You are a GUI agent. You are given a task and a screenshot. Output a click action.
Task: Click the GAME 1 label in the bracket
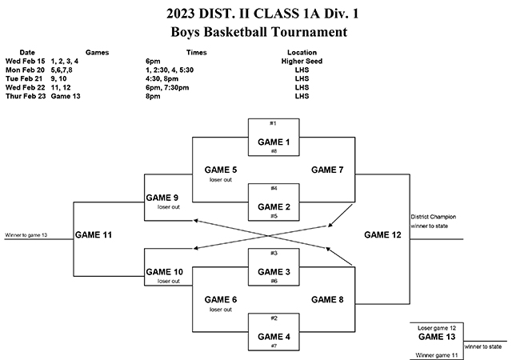(x=273, y=142)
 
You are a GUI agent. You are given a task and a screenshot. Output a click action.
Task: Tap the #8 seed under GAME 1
(x=273, y=151)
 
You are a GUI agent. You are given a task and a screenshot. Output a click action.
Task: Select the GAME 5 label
(x=221, y=170)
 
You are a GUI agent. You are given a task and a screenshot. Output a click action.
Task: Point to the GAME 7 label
(x=327, y=170)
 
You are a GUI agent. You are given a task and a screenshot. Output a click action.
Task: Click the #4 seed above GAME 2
(x=273, y=188)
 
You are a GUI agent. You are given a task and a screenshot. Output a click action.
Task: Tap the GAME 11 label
(x=93, y=235)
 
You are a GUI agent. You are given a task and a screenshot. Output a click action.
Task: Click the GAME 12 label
(x=382, y=235)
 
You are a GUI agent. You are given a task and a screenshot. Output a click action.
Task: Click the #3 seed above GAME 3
(x=273, y=253)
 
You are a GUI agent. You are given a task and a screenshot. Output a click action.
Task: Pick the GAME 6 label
(x=221, y=299)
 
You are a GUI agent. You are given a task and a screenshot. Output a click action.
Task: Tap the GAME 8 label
(x=327, y=299)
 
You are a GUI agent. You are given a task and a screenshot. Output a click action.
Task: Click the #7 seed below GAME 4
(x=273, y=346)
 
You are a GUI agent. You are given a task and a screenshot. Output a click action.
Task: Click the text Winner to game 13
(x=26, y=235)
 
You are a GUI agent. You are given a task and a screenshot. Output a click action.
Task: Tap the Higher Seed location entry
(x=302, y=60)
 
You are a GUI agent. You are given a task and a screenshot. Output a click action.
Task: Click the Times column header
(x=197, y=51)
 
